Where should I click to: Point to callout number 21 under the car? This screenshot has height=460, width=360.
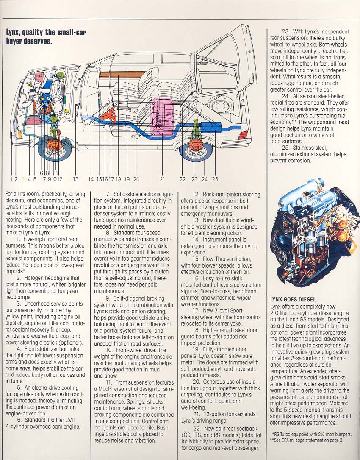click(x=162, y=179)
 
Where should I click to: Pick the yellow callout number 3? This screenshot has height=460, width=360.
click(x=23, y=179)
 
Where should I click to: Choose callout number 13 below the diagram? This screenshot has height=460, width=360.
click(x=76, y=179)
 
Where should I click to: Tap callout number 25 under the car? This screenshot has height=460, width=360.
click(x=215, y=179)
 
